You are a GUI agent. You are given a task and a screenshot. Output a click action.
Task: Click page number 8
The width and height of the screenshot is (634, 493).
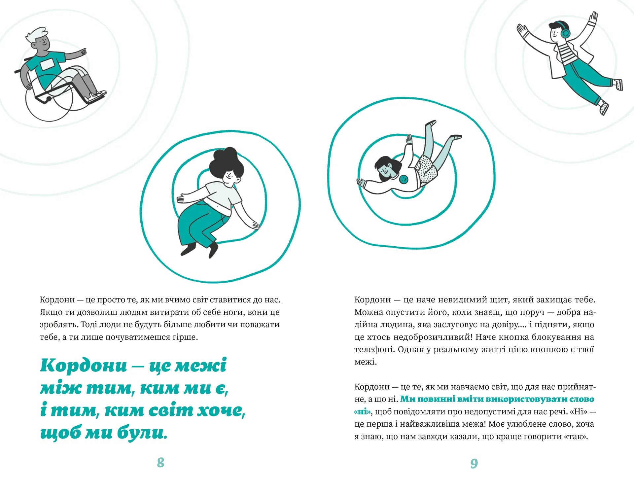[x=160, y=462]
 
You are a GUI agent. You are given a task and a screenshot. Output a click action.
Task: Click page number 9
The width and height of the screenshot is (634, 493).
[x=474, y=463]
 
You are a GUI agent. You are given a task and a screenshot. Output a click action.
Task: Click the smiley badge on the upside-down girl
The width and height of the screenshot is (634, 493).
[x=404, y=179]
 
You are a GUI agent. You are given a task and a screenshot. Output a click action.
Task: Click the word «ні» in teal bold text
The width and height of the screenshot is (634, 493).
[x=363, y=411]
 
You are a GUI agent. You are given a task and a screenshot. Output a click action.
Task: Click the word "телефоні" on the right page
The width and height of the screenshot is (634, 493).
[x=374, y=349]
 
